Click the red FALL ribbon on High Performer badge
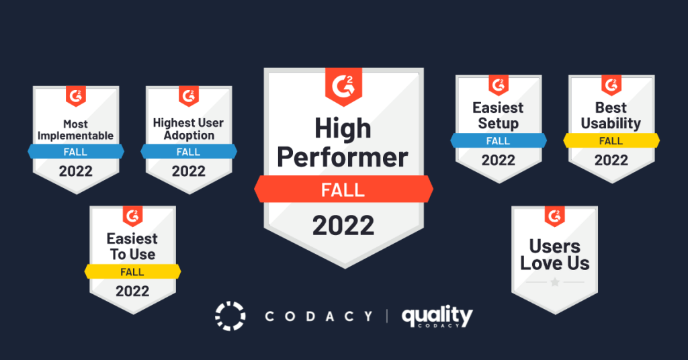tap(343, 189)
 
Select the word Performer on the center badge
tap(343, 157)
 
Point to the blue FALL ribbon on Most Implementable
tap(75, 152)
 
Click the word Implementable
tap(75, 136)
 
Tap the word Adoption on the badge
tap(189, 136)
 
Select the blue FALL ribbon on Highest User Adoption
tap(189, 152)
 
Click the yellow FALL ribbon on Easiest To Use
tap(132, 272)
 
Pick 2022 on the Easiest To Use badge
tap(132, 291)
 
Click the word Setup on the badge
tap(498, 124)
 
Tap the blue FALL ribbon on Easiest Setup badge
tap(498, 141)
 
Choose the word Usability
tap(611, 124)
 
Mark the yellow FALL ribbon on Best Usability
tap(611, 141)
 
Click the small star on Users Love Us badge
tap(555, 283)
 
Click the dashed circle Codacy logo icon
tap(230, 316)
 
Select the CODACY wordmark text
tap(318, 316)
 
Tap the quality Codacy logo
tap(437, 316)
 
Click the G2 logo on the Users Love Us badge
tap(555, 216)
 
